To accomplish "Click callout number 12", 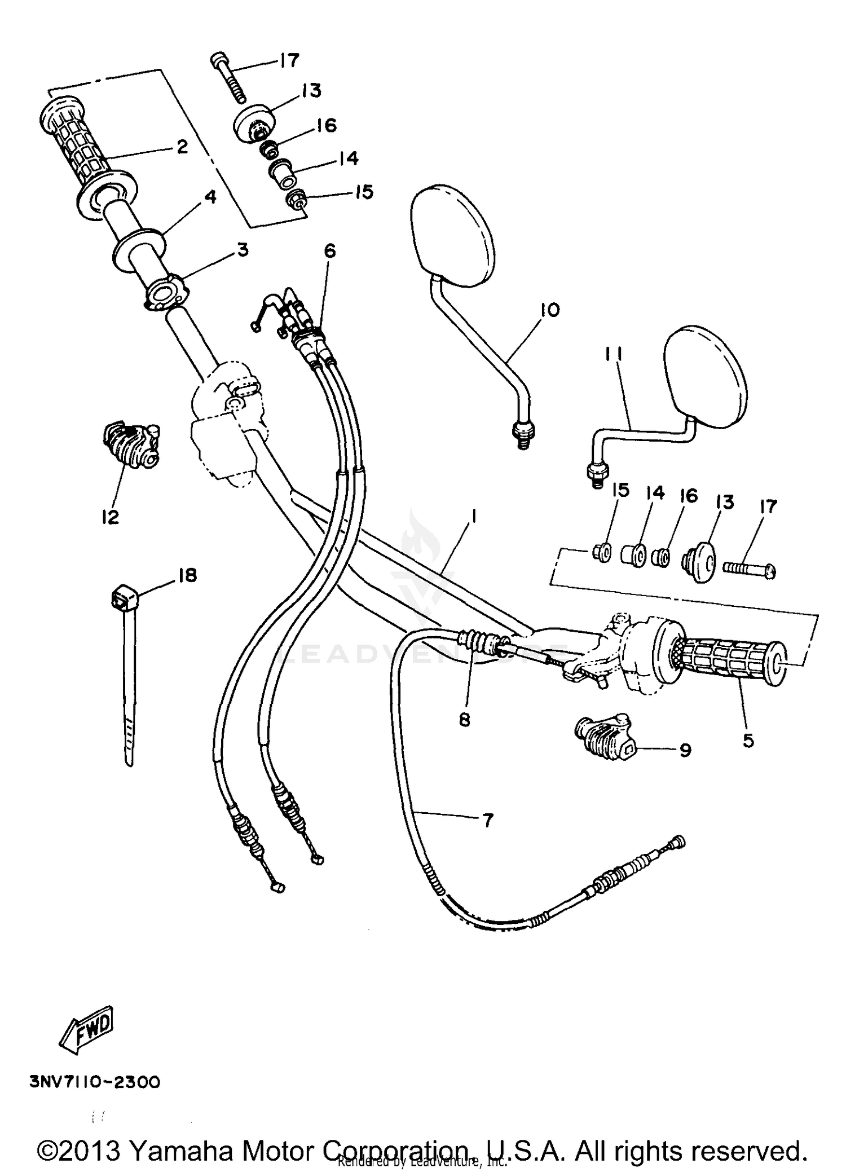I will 110,517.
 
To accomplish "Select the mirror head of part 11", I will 705,373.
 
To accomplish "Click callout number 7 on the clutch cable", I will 488,820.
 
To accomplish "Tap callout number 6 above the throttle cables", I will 329,250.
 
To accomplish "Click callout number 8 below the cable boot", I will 464,720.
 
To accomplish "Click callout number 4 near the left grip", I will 209,197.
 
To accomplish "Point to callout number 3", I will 243,249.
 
